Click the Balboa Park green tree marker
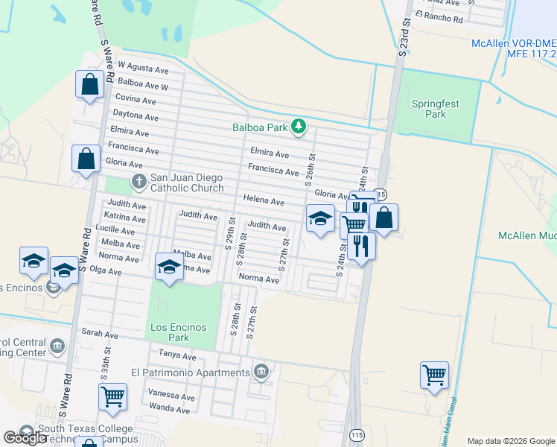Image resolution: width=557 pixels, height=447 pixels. click(299, 127)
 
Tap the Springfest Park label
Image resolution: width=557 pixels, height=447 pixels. click(436, 109)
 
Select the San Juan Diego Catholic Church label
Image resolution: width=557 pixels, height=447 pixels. click(187, 183)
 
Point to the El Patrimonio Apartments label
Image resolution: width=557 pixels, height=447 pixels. click(190, 372)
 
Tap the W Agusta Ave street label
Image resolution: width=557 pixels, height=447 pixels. click(143, 69)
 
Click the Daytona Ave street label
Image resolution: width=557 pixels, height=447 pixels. click(136, 116)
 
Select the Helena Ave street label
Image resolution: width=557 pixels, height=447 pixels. click(264, 201)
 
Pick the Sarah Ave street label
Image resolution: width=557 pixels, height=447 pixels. click(101, 333)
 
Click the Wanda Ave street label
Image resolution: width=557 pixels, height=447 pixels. click(169, 408)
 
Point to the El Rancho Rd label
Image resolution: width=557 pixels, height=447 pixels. click(439, 16)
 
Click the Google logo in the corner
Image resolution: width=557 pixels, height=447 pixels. click(25, 438)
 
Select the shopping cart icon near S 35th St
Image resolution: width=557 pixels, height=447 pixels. click(112, 396)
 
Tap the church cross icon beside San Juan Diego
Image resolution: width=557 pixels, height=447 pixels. click(139, 180)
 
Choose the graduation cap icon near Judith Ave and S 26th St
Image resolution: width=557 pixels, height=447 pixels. click(320, 218)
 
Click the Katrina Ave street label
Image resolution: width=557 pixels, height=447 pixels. click(125, 218)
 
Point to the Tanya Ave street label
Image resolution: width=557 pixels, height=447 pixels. click(176, 356)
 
